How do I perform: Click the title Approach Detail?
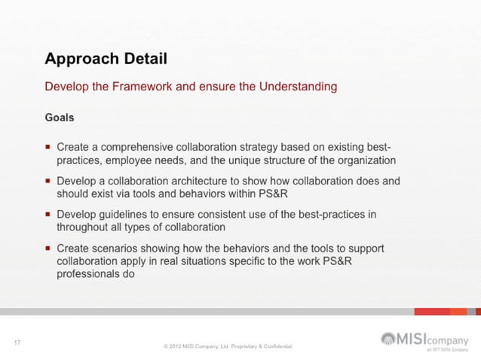(106, 59)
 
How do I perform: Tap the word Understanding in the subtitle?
(298, 87)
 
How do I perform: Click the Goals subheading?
(60, 117)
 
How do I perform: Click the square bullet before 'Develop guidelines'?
(48, 214)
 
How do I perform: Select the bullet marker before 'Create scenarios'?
(48, 248)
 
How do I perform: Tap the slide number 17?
(17, 343)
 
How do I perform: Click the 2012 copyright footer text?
(228, 346)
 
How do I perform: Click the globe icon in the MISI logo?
(388, 338)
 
